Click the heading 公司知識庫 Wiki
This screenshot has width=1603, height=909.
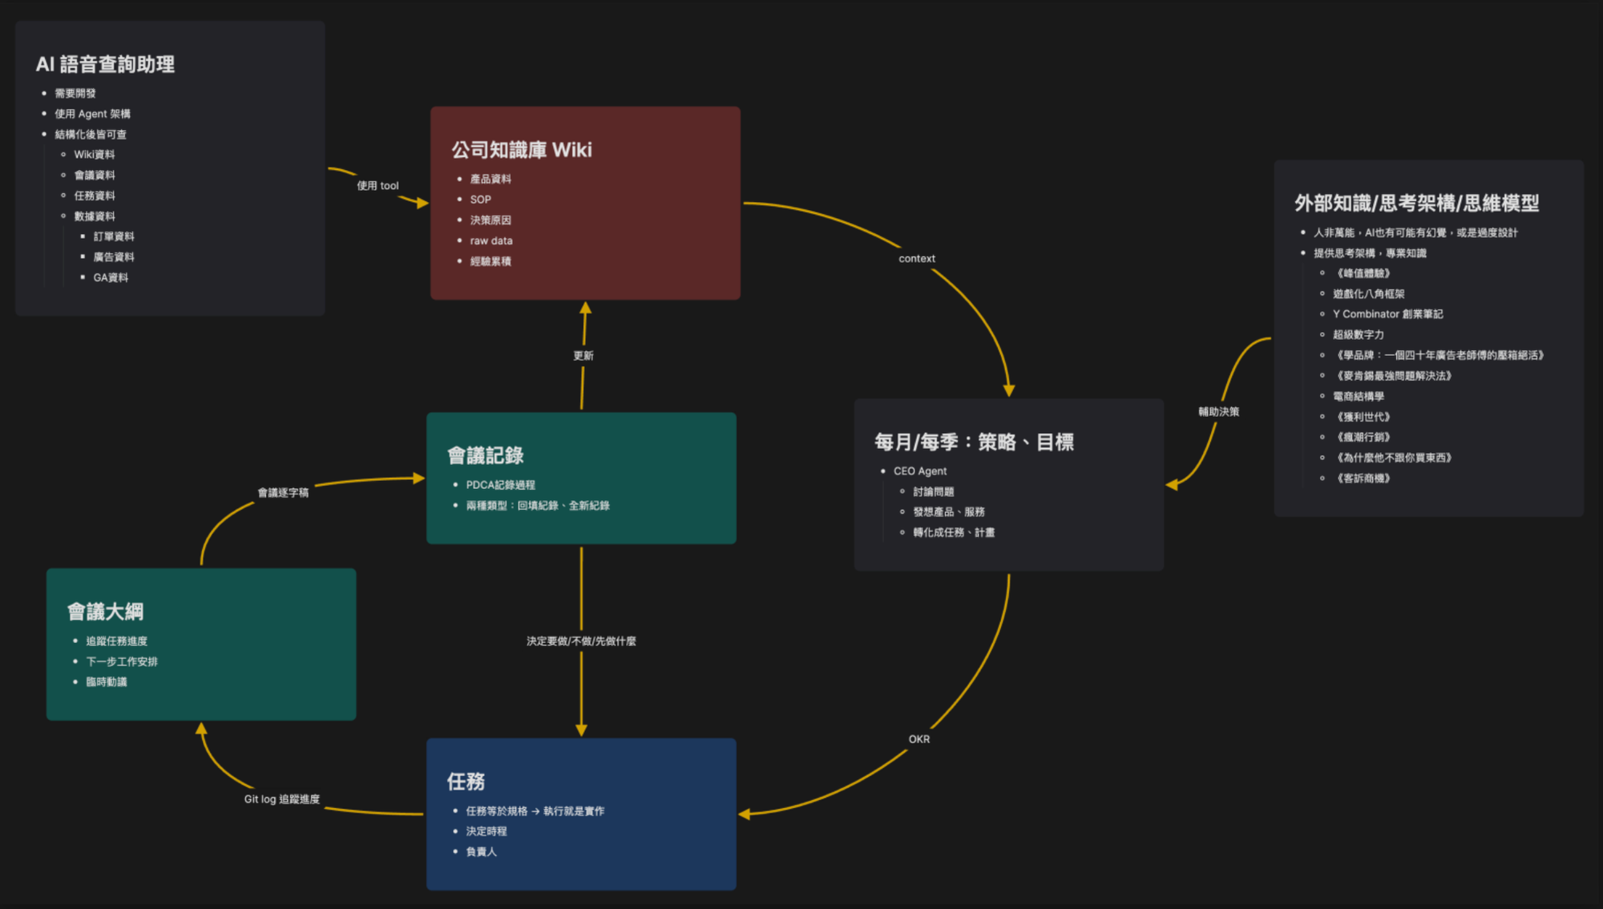(x=522, y=150)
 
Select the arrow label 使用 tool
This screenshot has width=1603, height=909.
(x=378, y=186)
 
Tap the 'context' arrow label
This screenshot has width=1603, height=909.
(x=917, y=259)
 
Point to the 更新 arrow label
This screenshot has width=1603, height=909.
(x=583, y=356)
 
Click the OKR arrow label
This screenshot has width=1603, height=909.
(x=919, y=739)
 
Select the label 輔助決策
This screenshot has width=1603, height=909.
(x=1218, y=412)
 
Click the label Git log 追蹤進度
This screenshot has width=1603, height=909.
(x=282, y=799)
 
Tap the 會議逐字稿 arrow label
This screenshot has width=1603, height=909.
(x=283, y=493)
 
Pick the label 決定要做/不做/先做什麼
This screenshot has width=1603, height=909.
(x=581, y=641)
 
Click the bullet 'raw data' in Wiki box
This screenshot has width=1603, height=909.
(x=491, y=240)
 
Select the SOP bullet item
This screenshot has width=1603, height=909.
(x=481, y=200)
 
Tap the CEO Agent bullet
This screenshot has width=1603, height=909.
(x=920, y=471)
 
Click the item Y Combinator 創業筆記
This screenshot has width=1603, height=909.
(x=1387, y=314)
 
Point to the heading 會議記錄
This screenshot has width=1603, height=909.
(x=486, y=456)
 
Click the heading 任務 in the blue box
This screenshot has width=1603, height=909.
(x=466, y=782)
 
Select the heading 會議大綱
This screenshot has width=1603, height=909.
(x=106, y=612)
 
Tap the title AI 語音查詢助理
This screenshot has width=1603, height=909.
(x=105, y=64)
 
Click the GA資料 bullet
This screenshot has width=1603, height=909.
(x=111, y=277)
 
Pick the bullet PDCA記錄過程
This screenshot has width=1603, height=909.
(x=501, y=485)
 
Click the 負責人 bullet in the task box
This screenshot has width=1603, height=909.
(x=482, y=851)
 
